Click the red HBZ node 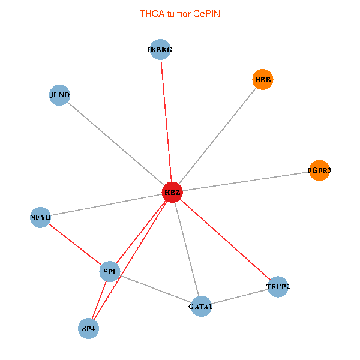pos(172,192)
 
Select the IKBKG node pos(160,50)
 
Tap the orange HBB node pos(263,79)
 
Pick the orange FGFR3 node pos(319,170)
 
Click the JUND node pos(59,95)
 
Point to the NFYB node pos(40,216)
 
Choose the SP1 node pos(110,272)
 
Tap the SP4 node pos(89,328)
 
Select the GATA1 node pos(200,307)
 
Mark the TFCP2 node pos(278,287)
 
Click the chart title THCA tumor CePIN pos(180,13)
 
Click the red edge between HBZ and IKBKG pos(166,120)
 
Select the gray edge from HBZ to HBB pos(217,136)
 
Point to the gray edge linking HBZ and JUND pos(115,143)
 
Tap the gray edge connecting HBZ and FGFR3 pos(245,181)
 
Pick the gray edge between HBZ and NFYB pos(106,204)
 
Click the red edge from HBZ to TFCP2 pos(225,239)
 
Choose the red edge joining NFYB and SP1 pos(75,244)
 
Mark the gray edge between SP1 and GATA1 pos(155,289)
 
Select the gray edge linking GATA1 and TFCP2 pos(239,297)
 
